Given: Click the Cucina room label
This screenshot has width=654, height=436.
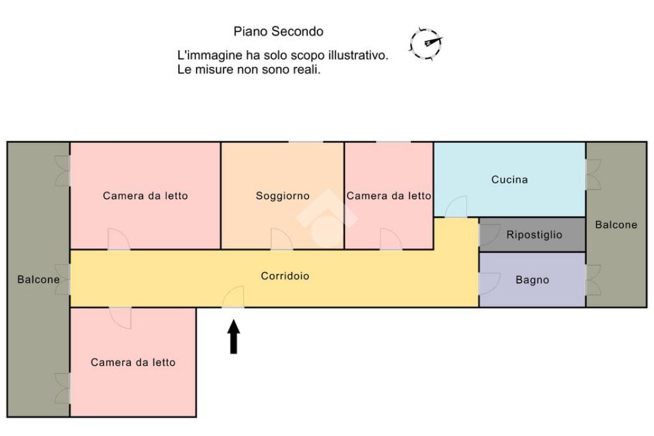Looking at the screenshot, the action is [509, 179].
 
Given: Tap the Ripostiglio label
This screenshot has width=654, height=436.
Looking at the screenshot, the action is [534, 235].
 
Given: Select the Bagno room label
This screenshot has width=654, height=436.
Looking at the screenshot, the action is [532, 280].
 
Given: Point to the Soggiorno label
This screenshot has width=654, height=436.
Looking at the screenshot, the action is [282, 196].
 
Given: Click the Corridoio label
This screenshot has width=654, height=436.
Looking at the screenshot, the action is [285, 276].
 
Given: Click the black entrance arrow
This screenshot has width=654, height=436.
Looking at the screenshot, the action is [234, 337].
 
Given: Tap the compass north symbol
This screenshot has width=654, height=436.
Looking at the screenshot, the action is [426, 44].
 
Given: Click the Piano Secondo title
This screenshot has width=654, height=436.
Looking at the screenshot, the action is [278, 31].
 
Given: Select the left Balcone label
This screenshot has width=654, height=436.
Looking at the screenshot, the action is [38, 279].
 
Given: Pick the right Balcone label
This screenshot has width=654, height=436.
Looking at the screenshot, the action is [616, 225].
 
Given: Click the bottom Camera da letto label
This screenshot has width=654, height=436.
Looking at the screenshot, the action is [133, 362].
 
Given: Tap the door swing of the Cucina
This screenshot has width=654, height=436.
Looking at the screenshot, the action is [456, 206].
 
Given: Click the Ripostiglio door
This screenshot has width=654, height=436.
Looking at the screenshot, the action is [490, 235].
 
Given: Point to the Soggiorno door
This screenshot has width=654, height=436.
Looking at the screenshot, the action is [282, 239].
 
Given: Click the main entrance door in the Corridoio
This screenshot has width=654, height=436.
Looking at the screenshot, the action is [233, 297].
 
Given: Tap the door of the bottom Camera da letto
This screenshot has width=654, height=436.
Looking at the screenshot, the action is [121, 318].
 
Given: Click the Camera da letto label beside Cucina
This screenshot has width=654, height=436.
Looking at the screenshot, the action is [389, 196].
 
